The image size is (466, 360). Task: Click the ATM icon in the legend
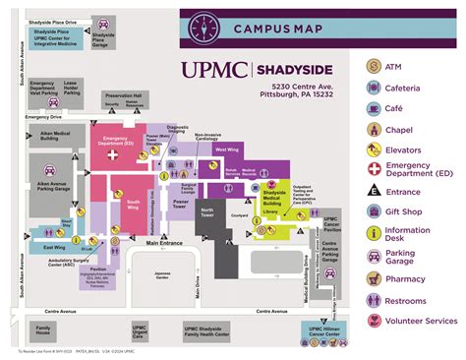pyautogui.click(x=374, y=66)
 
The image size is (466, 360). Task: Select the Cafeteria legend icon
pyautogui.click(x=374, y=89)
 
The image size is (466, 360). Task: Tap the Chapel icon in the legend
pyautogui.click(x=374, y=129)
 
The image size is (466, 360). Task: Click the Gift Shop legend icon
pyautogui.click(x=374, y=210)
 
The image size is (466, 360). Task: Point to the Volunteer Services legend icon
pyautogui.click(x=374, y=320)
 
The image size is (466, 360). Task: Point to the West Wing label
pyautogui.click(x=225, y=150)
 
